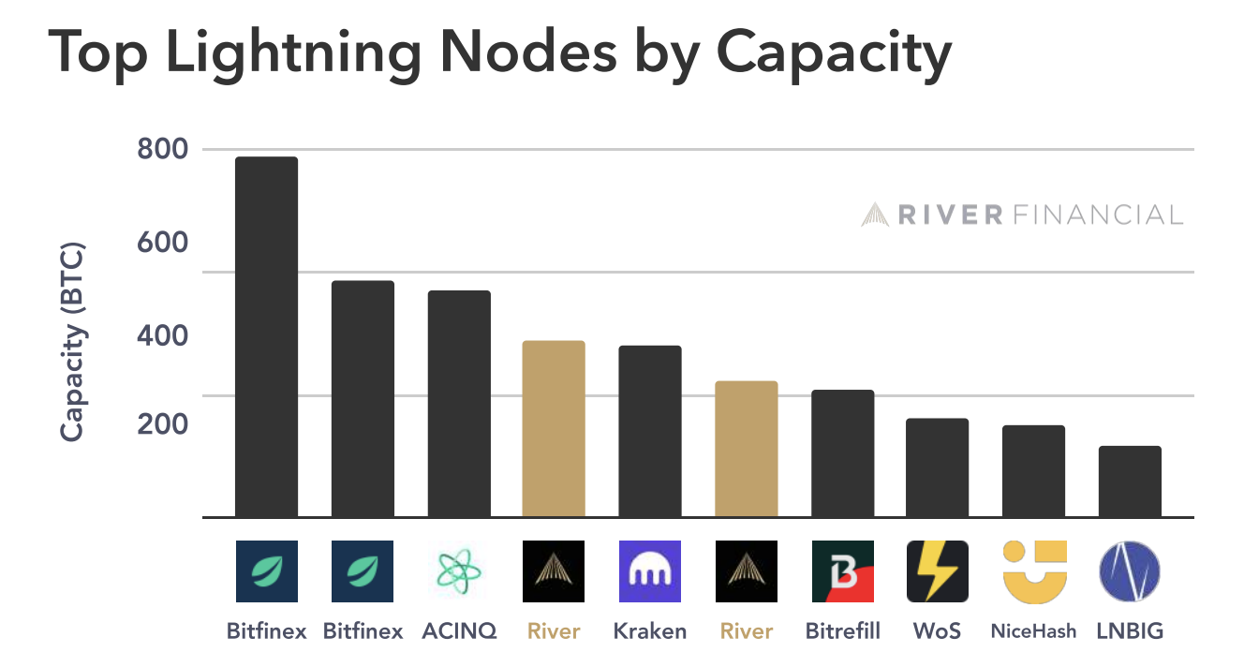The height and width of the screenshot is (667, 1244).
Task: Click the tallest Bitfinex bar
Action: [x=266, y=337]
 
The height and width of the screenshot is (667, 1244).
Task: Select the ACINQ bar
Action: [x=459, y=404]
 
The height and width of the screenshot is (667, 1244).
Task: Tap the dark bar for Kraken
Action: [x=650, y=431]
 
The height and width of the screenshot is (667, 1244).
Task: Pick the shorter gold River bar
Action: [x=747, y=449]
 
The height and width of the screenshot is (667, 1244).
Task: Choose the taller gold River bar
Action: [x=554, y=428]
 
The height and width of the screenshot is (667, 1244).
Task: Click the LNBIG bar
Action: [x=1130, y=482]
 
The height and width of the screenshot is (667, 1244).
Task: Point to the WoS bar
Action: [x=937, y=467]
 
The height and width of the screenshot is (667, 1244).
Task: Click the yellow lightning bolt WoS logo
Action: [x=937, y=571]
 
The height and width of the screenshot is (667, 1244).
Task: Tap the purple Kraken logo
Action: [x=650, y=571]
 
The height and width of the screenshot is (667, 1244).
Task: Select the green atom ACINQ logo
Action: [x=459, y=571]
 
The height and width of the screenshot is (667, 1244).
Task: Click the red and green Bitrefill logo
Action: [x=842, y=571]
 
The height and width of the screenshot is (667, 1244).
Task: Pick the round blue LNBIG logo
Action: [x=1130, y=571]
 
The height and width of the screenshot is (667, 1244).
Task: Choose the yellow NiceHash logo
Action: [x=1034, y=571]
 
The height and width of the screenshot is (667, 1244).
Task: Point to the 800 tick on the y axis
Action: [x=163, y=150]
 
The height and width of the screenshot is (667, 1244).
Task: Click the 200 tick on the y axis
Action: [x=163, y=425]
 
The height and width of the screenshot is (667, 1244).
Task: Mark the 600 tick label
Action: [x=163, y=243]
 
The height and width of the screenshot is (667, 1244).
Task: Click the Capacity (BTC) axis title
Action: [x=72, y=342]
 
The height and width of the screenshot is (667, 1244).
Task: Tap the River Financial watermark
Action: [x=1022, y=215]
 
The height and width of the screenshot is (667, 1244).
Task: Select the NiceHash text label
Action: [x=1034, y=631]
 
